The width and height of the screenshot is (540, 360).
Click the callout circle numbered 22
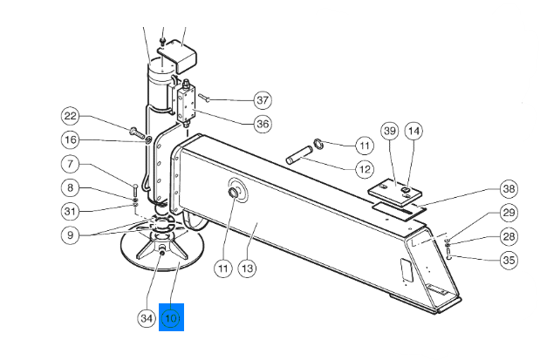pos(71,116)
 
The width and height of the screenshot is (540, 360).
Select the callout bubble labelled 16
pos(71,139)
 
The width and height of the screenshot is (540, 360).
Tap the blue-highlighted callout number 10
pos(171,317)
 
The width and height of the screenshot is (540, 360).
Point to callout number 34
pos(147,317)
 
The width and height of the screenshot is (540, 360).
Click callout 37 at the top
pos(263,100)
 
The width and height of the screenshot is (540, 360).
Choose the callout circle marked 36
pos(263,124)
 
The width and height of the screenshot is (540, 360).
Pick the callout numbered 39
pos(389,131)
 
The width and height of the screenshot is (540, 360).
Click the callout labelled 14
pos(414,131)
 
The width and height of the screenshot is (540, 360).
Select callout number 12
pos(365,169)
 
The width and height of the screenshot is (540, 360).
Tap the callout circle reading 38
pos(509,188)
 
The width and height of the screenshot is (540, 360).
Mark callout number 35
pos(509,260)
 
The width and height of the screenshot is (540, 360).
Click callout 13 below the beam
pos(247,268)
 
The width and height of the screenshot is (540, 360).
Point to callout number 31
pos(71,211)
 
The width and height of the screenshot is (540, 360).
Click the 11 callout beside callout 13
pos(223,268)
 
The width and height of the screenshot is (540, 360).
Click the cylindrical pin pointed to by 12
pos(299,155)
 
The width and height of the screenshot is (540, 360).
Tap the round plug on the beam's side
pos(234,193)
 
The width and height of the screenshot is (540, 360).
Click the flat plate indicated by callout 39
pos(394,192)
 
